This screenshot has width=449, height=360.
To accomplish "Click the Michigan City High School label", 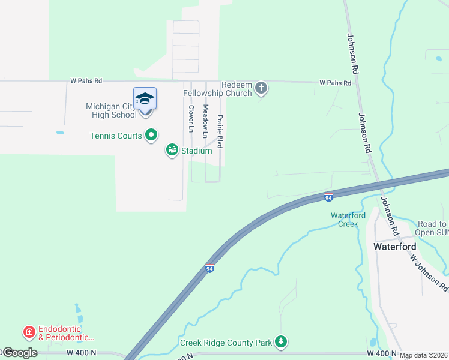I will tap(111, 110).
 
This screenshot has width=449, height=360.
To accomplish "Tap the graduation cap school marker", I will tap(145, 98).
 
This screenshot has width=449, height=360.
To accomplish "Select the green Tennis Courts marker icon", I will tap(152, 136).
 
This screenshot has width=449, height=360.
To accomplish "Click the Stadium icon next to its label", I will tap(172, 149).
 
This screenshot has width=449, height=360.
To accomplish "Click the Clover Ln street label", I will tap(191, 119).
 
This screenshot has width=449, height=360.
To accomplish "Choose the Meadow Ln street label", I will tap(205, 119).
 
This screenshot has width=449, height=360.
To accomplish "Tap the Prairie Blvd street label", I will tap(220, 131).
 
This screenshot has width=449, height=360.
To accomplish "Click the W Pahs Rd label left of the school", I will tap(86, 80).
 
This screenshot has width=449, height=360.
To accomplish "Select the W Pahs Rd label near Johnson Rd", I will tap(335, 83).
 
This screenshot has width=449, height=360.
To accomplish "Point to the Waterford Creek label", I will tap(344, 220).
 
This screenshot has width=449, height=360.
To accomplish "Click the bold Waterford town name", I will tap(395, 246).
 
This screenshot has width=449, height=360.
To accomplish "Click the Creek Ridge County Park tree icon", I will tap(280, 342).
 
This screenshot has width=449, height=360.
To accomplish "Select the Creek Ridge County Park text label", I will tap(226, 343).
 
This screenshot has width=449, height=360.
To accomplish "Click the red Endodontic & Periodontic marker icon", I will tap(28, 331).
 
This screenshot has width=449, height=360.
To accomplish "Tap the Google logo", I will tap(19, 352).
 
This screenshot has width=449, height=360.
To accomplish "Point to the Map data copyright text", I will tap(423, 355).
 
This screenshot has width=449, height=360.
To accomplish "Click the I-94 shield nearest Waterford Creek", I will tap(328, 197).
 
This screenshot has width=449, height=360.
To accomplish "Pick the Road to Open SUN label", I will tap(432, 227).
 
